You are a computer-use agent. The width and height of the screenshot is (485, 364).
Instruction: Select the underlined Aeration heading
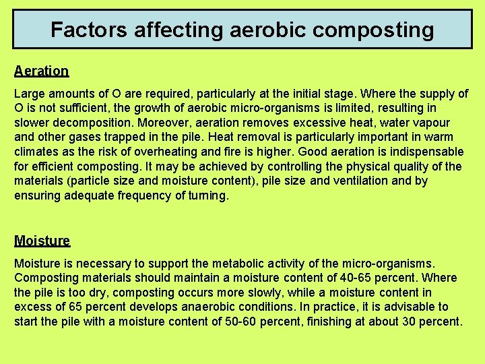tap(41, 71)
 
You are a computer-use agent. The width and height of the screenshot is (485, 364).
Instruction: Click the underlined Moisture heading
tap(42, 241)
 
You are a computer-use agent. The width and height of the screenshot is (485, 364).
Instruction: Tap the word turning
tap(208, 195)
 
